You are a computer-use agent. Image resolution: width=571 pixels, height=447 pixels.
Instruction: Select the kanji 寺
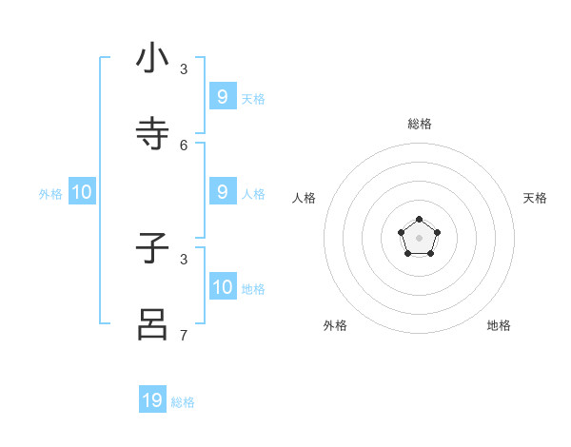152,133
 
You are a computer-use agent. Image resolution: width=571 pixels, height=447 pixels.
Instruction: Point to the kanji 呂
152,323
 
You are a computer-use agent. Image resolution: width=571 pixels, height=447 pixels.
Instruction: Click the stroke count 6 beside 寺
184,145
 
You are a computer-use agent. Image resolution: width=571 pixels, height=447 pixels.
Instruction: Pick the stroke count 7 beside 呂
184,335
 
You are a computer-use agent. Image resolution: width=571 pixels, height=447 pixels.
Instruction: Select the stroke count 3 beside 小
184,69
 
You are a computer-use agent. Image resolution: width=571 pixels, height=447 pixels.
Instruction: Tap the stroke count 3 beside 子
184,259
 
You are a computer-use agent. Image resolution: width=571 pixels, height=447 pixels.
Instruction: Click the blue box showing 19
152,400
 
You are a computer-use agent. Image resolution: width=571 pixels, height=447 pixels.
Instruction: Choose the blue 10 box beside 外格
82,192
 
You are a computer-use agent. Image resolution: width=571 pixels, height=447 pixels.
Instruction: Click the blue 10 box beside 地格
223,287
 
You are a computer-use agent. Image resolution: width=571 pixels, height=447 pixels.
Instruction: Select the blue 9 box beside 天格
223,97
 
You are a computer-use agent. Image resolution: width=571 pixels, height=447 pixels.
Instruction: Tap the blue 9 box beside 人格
223,192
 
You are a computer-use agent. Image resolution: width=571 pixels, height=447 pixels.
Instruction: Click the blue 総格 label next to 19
183,402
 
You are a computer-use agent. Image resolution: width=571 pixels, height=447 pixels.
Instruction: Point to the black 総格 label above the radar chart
419,124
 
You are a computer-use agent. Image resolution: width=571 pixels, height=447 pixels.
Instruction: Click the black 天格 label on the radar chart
535,198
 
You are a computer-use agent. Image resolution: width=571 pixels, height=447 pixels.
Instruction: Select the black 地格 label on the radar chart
499,325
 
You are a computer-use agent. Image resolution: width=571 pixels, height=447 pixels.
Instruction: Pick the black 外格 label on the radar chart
335,325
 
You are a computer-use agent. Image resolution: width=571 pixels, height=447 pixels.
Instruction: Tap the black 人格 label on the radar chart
304,198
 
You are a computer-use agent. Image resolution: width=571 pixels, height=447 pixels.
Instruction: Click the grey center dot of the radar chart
419,237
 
